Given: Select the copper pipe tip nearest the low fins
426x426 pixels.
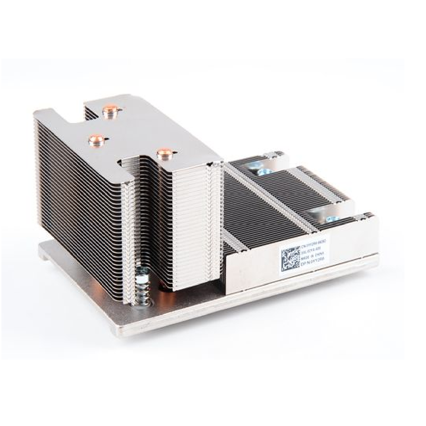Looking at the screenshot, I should pos(163,153).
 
